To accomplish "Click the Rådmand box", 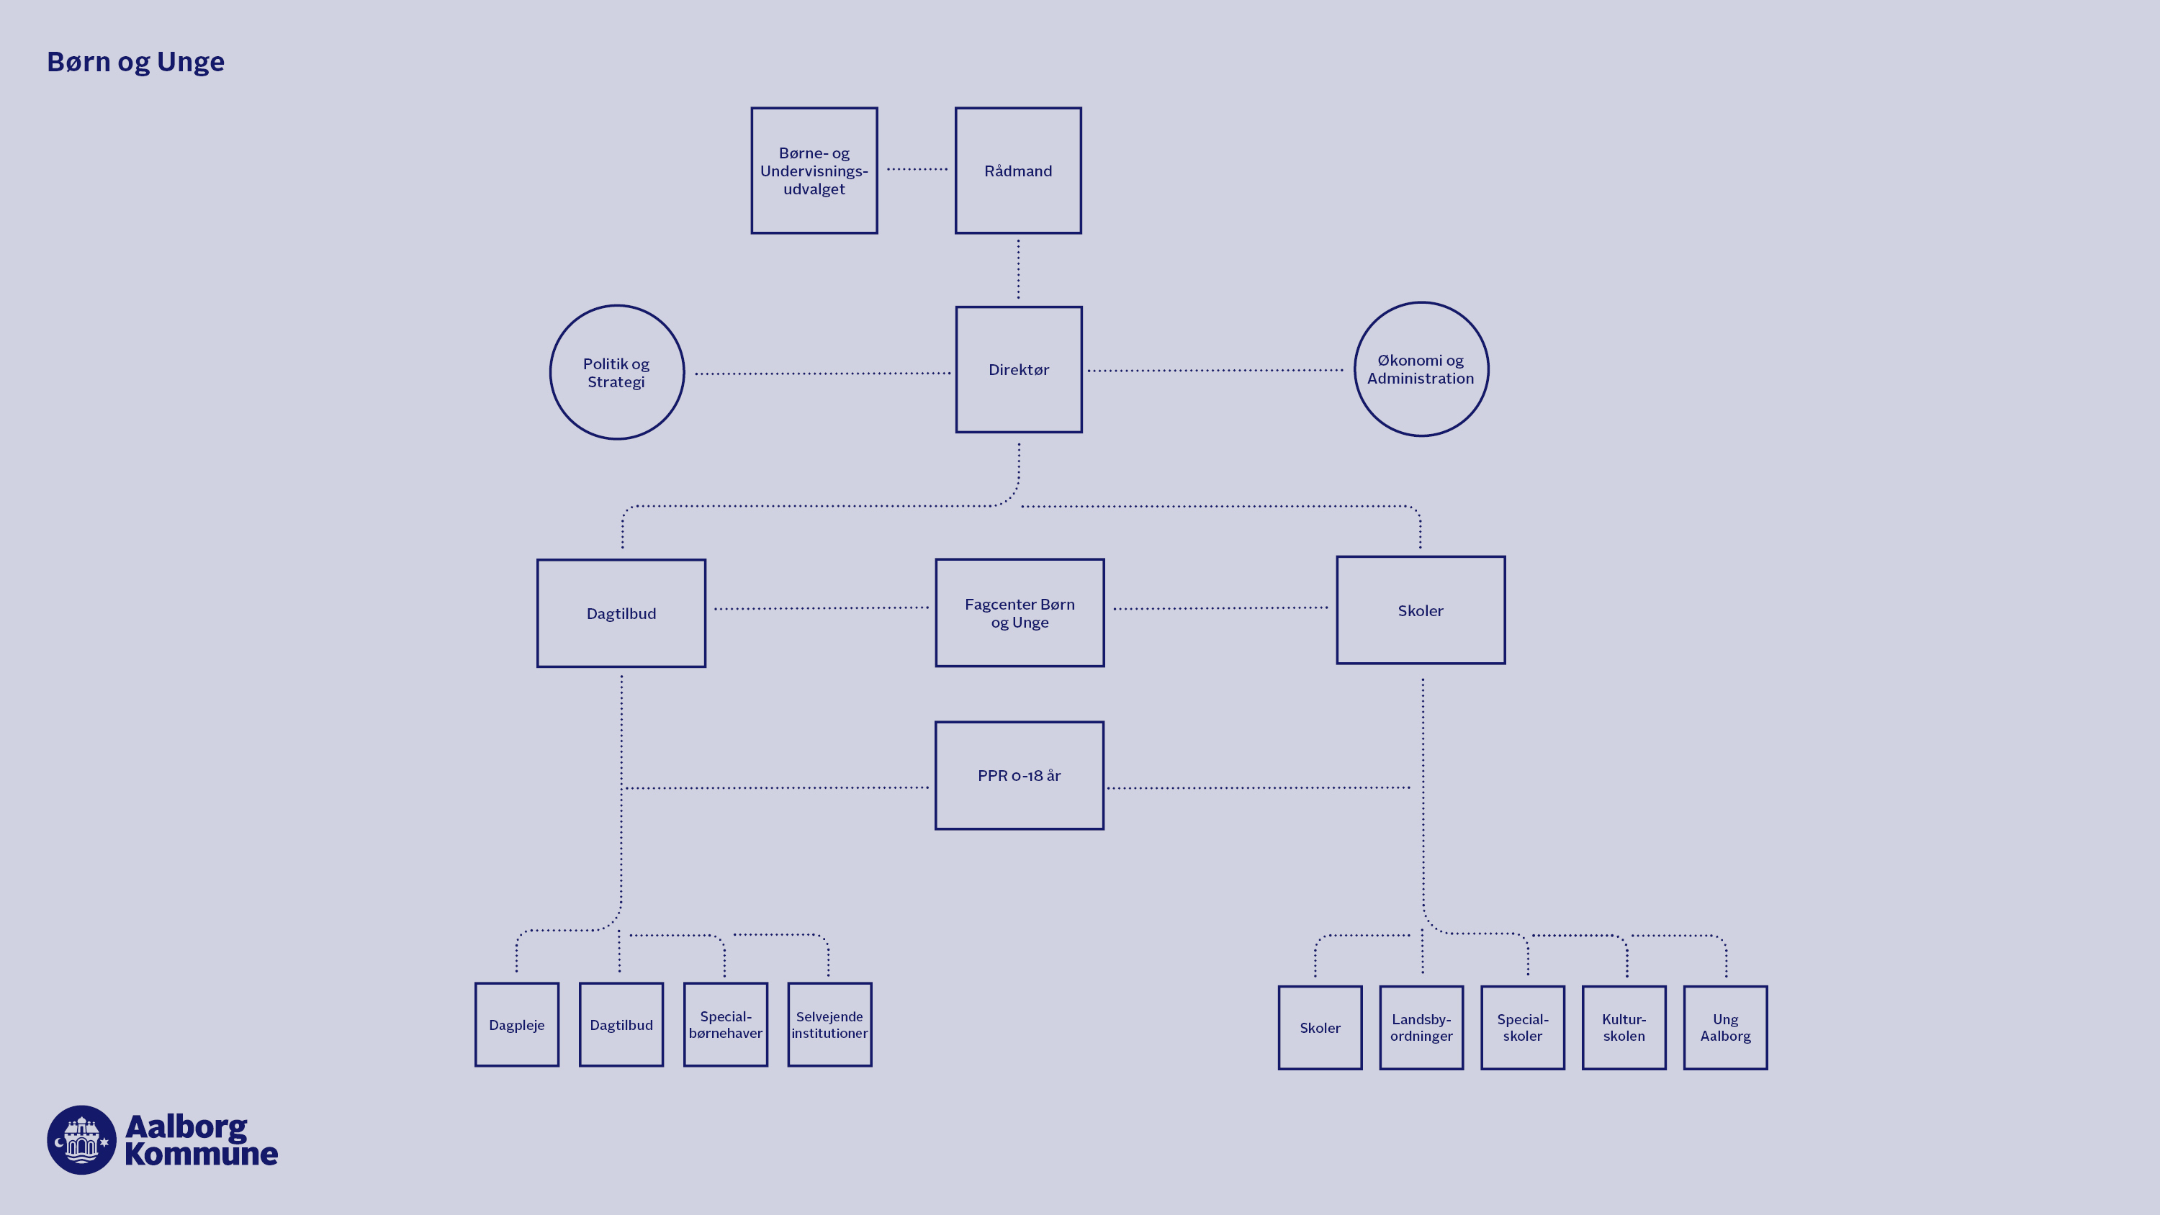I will pyautogui.click(x=1018, y=170).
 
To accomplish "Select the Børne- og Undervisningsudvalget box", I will pyautogui.click(x=814, y=170).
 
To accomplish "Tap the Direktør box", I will pyautogui.click(x=1019, y=369).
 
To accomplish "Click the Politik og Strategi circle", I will pyautogui.click(x=616, y=372).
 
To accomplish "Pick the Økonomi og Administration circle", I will pyautogui.click(x=1421, y=369).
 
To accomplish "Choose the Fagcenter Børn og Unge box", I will pyautogui.click(x=1020, y=613).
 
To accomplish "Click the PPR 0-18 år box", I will pyautogui.click(x=1019, y=776).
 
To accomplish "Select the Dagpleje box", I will pyautogui.click(x=516, y=1025).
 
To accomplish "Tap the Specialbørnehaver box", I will pyautogui.click(x=725, y=1025).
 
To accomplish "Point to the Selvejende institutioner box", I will pyautogui.click(x=829, y=1025).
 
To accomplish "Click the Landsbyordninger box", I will pyautogui.click(x=1421, y=1027).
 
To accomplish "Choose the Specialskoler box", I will pyautogui.click(x=1523, y=1027).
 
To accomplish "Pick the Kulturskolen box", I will pyautogui.click(x=1624, y=1027).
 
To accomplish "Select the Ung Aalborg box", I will pyautogui.click(x=1725, y=1027).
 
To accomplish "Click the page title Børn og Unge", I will pyautogui.click(x=136, y=62).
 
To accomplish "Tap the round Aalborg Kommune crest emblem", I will pyautogui.click(x=81, y=1139).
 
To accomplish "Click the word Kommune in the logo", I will pyautogui.click(x=202, y=1154).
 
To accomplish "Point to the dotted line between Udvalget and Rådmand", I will pyautogui.click(x=917, y=169).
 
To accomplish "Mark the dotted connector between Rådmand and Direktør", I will pyautogui.click(x=1019, y=269).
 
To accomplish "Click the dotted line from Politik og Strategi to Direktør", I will pyautogui.click(x=822, y=373).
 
